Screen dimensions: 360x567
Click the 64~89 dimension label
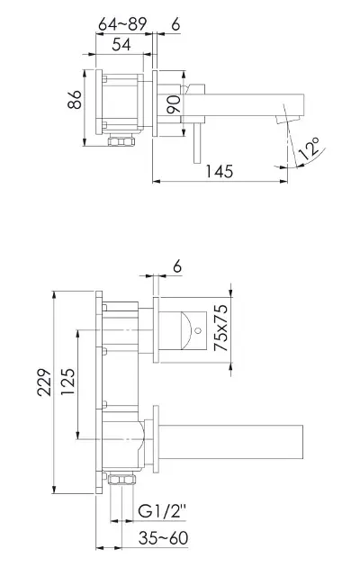click(122, 24)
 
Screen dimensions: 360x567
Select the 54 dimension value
click(121, 44)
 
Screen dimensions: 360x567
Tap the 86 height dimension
click(75, 99)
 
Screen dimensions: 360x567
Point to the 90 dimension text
click(174, 104)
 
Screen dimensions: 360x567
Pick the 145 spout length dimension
click(220, 171)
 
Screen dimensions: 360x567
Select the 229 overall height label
click(44, 382)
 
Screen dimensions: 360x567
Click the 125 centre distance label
click(67, 382)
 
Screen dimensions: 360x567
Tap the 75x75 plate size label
click(220, 328)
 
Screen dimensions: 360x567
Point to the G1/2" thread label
click(162, 511)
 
